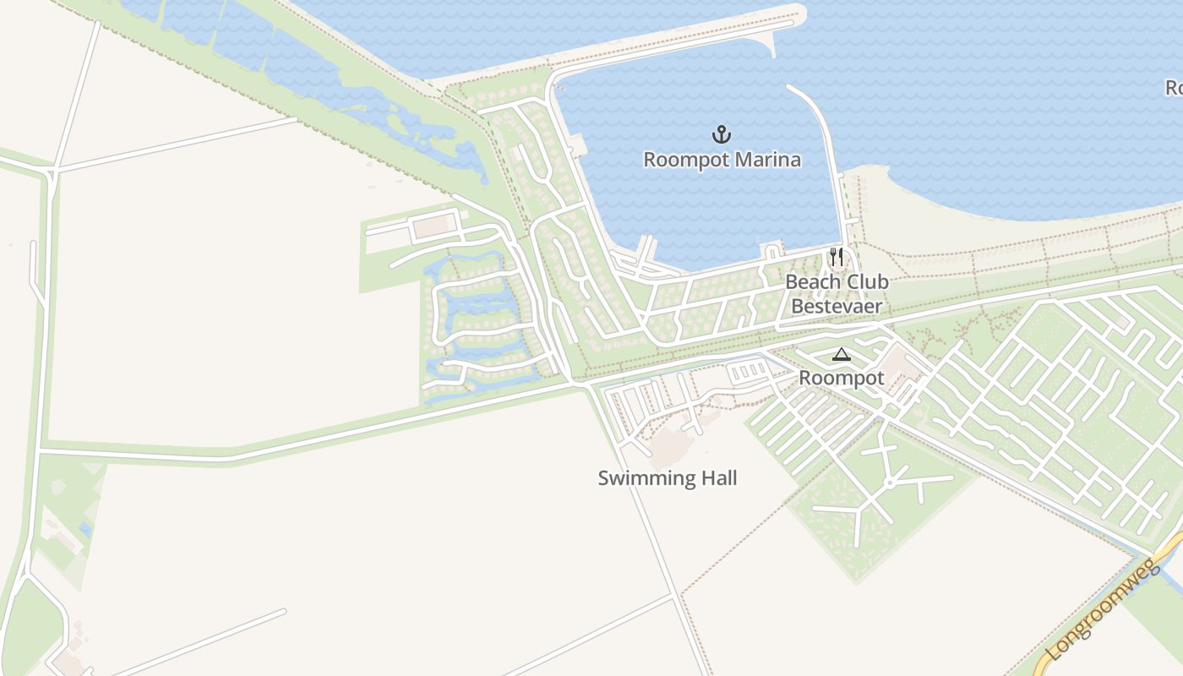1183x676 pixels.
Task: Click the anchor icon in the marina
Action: click(x=722, y=134)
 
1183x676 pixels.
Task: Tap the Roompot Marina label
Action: click(x=722, y=160)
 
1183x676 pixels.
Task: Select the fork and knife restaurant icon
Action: click(x=836, y=257)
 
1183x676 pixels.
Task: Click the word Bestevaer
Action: click(x=837, y=306)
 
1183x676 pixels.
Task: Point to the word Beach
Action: click(x=813, y=282)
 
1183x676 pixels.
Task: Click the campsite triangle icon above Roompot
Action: click(x=840, y=354)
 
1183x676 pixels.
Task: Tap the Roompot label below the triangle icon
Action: click(x=842, y=378)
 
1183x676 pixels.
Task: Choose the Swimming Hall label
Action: click(x=668, y=478)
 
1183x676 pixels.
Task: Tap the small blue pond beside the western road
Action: click(x=84, y=529)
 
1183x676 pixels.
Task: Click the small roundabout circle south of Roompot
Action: click(x=890, y=482)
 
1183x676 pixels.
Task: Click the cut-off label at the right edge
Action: click(x=1174, y=87)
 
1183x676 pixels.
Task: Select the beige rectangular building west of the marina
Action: click(x=433, y=226)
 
